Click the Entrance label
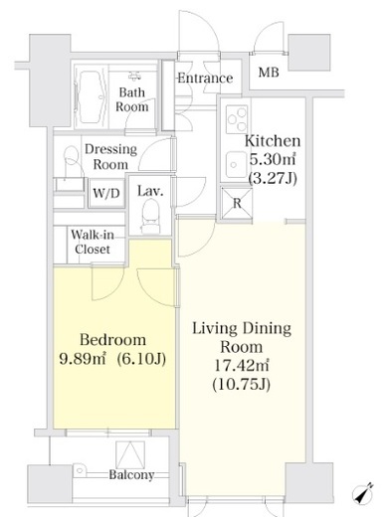coord(205,79)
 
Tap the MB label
coord(269,72)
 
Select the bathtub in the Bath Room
coord(90,95)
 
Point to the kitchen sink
coord(237,165)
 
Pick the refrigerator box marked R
coord(237,203)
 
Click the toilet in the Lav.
coord(150,217)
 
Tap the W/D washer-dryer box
coord(106,193)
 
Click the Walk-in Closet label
coord(93,242)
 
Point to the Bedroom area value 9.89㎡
coord(83,358)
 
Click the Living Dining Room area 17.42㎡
coord(241,366)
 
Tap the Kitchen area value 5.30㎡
coord(273,160)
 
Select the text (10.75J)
coord(241,385)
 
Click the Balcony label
coord(131,475)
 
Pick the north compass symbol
coord(363,493)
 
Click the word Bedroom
coord(113,340)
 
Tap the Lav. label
coord(150,191)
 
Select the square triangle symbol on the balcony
coord(130,455)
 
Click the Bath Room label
coord(132,99)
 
